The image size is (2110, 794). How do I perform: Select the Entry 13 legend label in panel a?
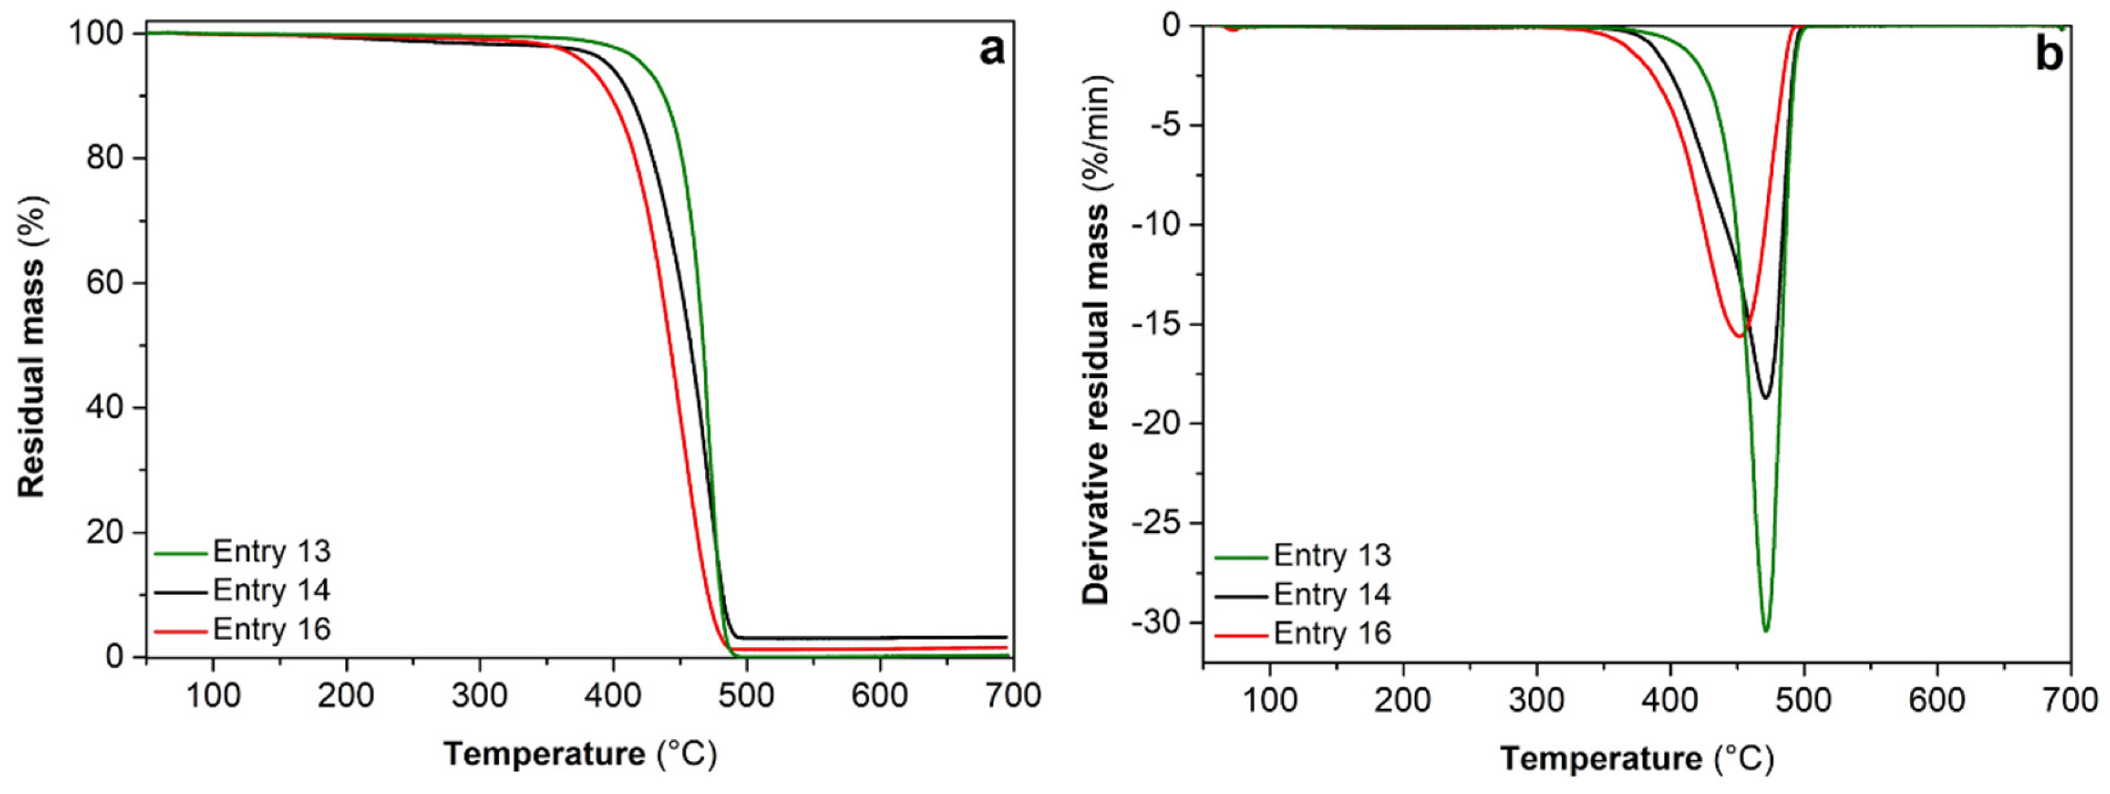pos(271,552)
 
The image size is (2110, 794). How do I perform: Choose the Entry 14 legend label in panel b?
pos(1332,594)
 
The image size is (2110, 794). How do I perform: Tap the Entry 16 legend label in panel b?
pos(1332,633)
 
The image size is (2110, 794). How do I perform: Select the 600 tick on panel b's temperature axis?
pos(1937,700)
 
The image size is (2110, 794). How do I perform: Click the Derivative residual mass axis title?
pos(1095,340)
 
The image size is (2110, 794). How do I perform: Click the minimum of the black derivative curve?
pos(1765,398)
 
